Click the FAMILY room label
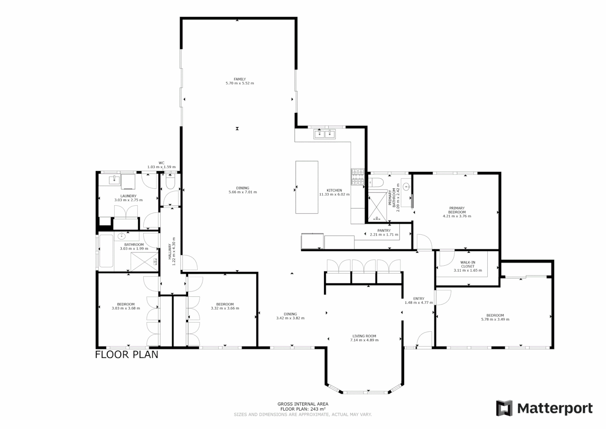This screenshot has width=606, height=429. coord(240,79)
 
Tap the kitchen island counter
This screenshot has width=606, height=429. coord(307,187)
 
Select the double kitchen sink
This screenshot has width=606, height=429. coord(325,134)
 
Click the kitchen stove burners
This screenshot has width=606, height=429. coord(357,177)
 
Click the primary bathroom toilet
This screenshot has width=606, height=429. coord(376,182)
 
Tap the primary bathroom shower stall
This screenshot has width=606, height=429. coord(377,206)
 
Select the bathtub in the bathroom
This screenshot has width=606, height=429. coord(106,251)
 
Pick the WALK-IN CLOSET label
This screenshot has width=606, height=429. coord(467,264)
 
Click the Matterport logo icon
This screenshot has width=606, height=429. coord(504,408)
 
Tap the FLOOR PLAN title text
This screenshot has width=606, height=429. coord(127,354)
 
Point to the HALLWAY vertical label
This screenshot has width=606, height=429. coord(169,251)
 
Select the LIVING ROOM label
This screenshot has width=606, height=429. coord(364,336)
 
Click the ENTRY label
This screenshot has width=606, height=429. coord(419,299)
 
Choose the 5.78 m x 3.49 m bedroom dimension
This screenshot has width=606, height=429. coord(495,319)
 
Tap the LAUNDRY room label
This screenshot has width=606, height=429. coord(129,196)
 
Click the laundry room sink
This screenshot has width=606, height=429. coord(115,180)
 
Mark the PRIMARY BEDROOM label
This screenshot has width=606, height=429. coord(457,210)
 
